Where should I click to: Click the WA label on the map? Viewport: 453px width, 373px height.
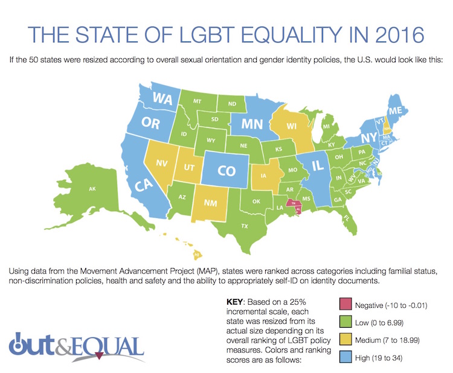(162, 98)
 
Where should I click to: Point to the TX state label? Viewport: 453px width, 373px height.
(245, 226)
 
